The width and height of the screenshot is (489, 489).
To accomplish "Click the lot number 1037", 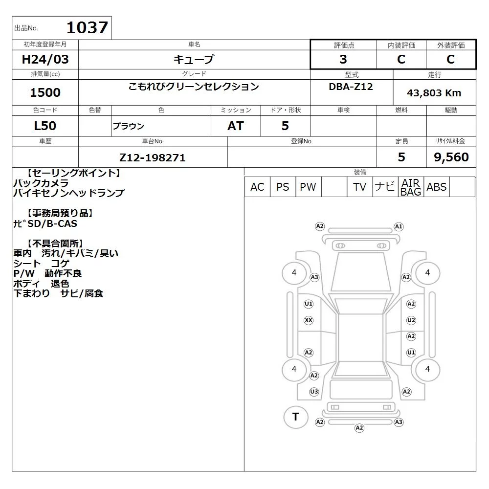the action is (x=87, y=27).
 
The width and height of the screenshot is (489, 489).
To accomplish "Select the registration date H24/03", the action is (x=45, y=59).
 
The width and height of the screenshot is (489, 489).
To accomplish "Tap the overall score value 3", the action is (x=343, y=59).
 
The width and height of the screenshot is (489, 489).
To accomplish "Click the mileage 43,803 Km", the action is (x=434, y=93).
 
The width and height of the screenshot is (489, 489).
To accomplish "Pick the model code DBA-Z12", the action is (x=351, y=87).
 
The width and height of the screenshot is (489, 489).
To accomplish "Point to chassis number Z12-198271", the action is (x=153, y=157).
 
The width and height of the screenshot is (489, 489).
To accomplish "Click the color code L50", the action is (x=45, y=126).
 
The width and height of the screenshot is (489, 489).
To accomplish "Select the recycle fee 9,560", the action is (x=451, y=157).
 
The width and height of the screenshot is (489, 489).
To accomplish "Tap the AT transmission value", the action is (x=236, y=126).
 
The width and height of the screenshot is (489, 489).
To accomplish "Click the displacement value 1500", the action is (x=45, y=92).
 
